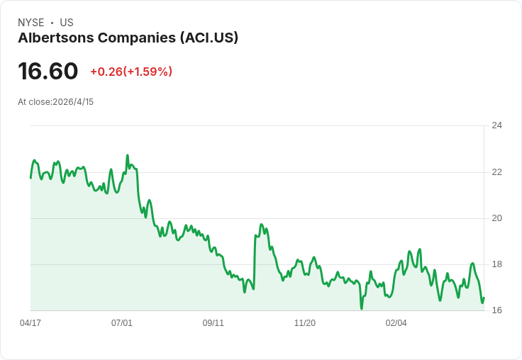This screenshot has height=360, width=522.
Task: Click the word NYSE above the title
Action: click(x=31, y=23)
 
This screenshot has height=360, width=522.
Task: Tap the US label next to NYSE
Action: click(x=67, y=23)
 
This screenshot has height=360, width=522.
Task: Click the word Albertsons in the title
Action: click(x=56, y=38)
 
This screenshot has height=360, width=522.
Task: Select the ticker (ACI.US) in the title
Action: click(x=209, y=38)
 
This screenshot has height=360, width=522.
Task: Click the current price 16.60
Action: click(x=48, y=71)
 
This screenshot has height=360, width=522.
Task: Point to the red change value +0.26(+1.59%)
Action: click(x=131, y=72)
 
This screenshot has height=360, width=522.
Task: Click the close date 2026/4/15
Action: click(x=73, y=102)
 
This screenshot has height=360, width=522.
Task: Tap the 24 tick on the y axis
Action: click(x=496, y=125)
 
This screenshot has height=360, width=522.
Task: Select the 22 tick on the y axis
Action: click(x=496, y=172)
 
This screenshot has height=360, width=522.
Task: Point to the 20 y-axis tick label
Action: click(x=496, y=218)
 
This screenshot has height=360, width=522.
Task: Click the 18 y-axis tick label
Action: click(x=496, y=264)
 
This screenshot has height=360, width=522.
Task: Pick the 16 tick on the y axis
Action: click(x=496, y=310)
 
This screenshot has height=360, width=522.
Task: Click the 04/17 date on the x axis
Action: click(x=30, y=323)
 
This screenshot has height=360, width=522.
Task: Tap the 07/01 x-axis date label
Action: click(x=122, y=323)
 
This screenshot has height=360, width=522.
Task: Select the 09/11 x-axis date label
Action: click(x=213, y=323)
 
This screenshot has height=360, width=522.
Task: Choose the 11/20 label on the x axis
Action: click(x=304, y=323)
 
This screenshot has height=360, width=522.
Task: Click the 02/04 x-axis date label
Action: click(x=396, y=323)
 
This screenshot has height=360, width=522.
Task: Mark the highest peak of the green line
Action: click(x=127, y=155)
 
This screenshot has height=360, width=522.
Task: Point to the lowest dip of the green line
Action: click(x=362, y=309)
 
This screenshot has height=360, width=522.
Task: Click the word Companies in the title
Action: click(x=137, y=38)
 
